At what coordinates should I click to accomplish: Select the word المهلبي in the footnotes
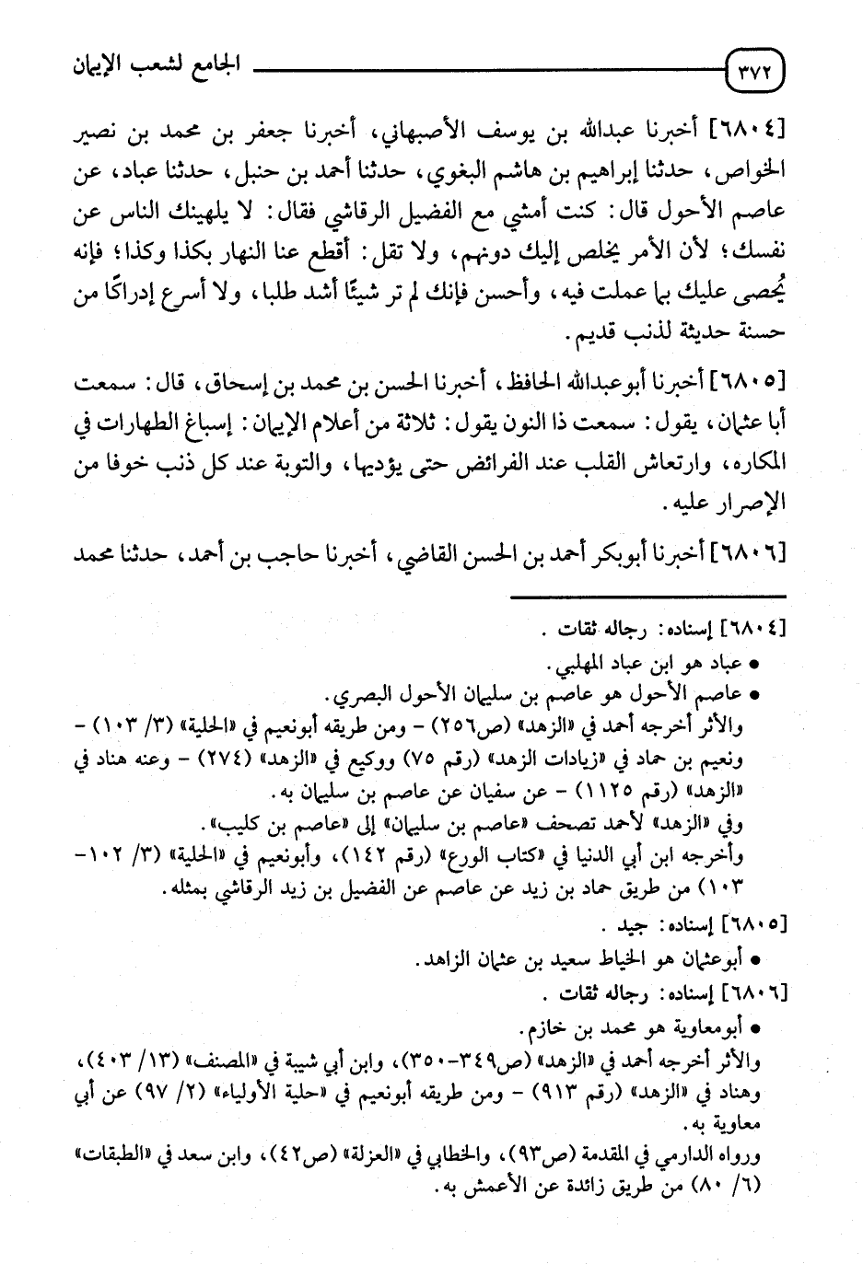[x=582, y=666]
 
